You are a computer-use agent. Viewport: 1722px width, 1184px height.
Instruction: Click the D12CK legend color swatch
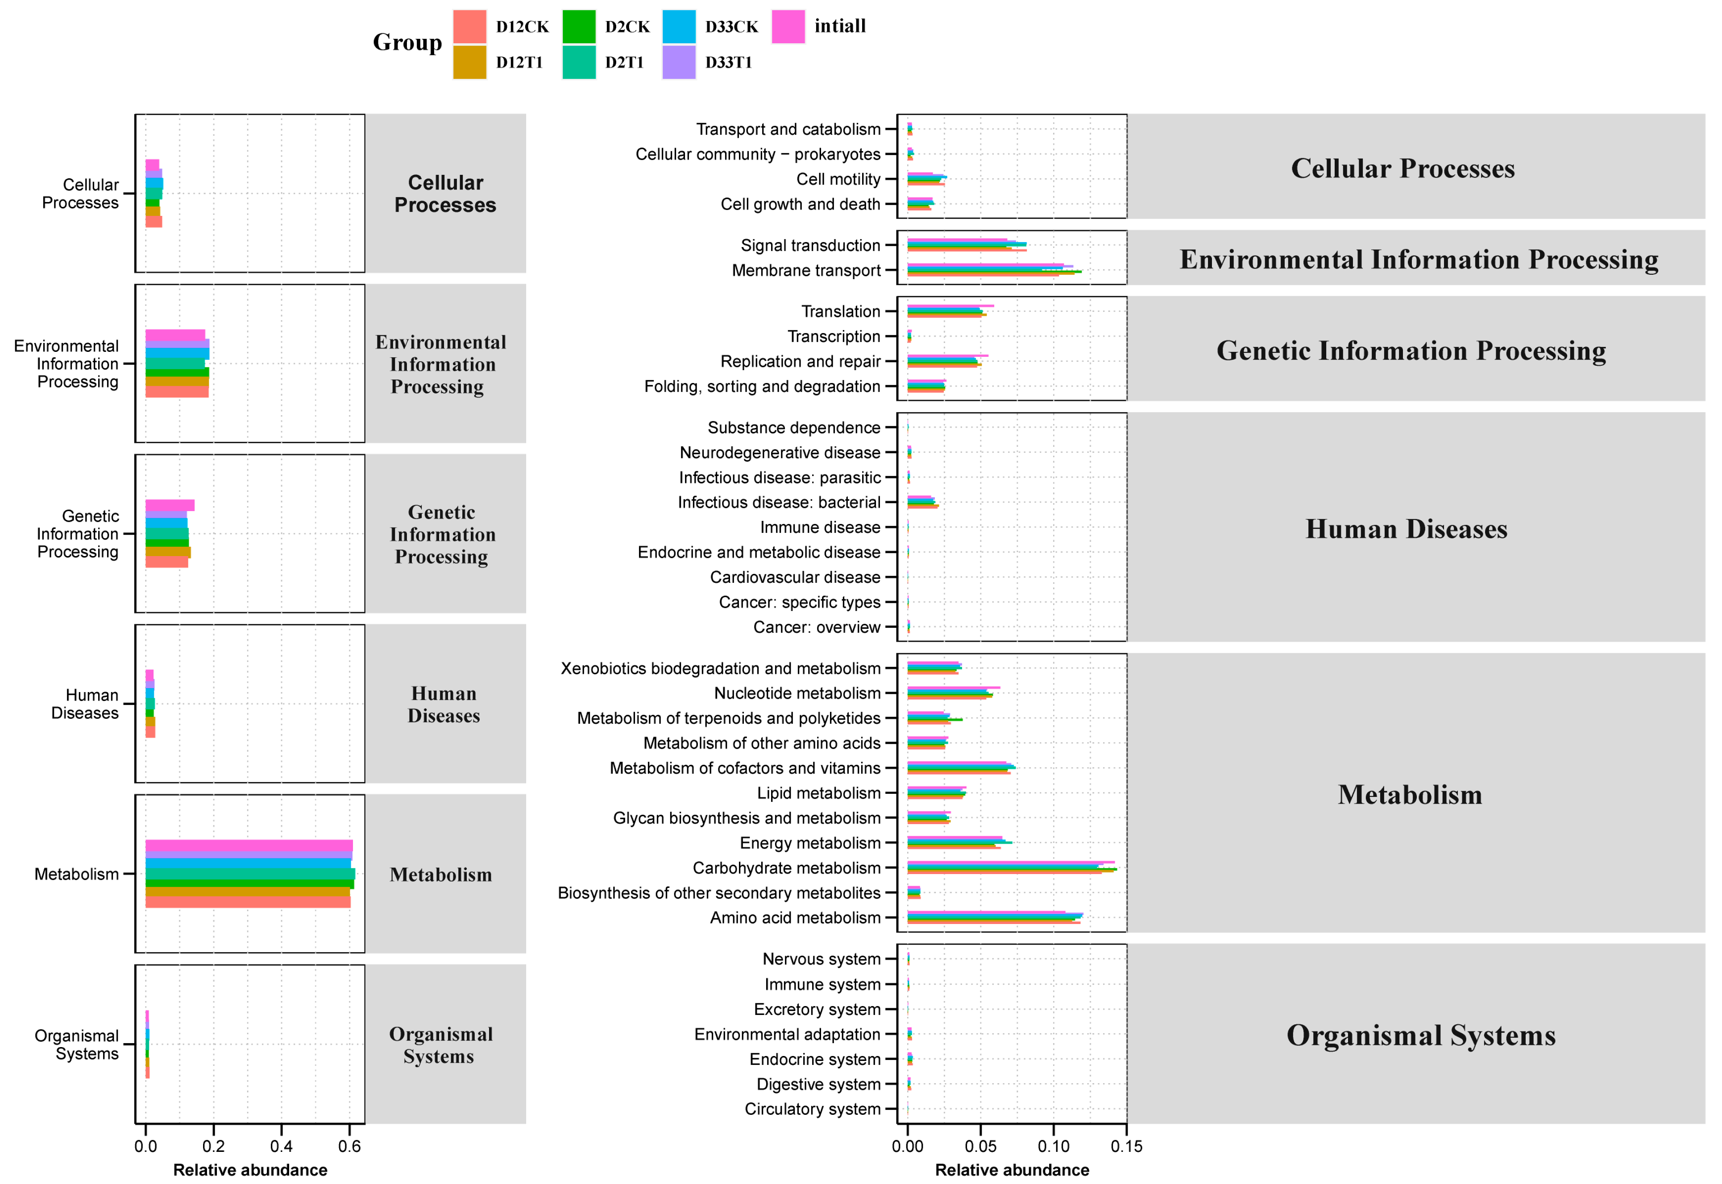click(x=469, y=27)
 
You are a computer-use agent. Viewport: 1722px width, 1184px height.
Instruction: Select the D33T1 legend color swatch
click(x=678, y=62)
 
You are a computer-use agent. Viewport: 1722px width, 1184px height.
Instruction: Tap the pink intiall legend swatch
click(x=788, y=27)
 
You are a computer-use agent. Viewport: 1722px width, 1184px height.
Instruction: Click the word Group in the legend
click(x=407, y=42)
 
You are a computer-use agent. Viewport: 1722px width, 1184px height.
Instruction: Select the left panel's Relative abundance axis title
click(x=250, y=1170)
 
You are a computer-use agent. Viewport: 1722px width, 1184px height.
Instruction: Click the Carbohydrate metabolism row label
click(x=786, y=868)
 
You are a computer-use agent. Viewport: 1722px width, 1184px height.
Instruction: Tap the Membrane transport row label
click(x=805, y=270)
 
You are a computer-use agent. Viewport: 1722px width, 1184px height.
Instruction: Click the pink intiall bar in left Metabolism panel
click(x=249, y=845)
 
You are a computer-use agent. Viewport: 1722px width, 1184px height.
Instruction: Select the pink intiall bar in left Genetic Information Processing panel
click(x=170, y=505)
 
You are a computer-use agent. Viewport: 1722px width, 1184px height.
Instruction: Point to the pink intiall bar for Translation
click(x=950, y=305)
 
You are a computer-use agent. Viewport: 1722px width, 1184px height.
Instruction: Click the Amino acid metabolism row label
click(x=795, y=918)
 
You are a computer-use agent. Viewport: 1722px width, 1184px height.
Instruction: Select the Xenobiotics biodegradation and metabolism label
click(x=720, y=668)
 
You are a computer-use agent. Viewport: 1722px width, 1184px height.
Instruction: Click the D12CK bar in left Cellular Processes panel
click(x=154, y=222)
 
